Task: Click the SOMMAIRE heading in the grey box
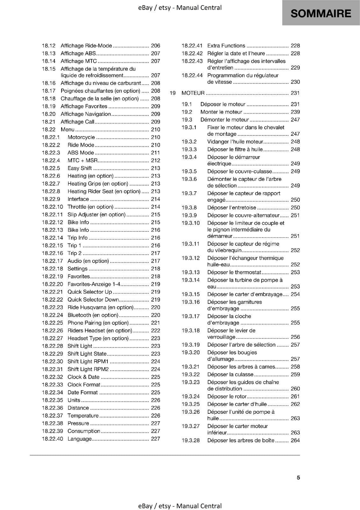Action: (321, 13)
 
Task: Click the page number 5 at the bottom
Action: (298, 477)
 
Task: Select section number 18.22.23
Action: (53, 307)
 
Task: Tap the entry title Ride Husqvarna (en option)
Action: (100, 307)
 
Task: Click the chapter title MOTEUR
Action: (193, 93)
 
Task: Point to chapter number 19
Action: (173, 93)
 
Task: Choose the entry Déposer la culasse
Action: (230, 375)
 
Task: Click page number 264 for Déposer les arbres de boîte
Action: (295, 441)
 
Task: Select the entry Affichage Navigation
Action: (86, 114)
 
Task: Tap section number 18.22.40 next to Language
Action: (53, 439)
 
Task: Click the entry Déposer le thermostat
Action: (234, 272)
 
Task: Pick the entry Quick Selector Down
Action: (93, 300)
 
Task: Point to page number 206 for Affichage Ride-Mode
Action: (155, 46)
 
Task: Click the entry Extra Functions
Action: (226, 46)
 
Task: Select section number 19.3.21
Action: (191, 367)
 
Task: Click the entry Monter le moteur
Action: (221, 112)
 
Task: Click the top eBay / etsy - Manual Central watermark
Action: (180, 8)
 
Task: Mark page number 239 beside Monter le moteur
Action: (295, 112)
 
